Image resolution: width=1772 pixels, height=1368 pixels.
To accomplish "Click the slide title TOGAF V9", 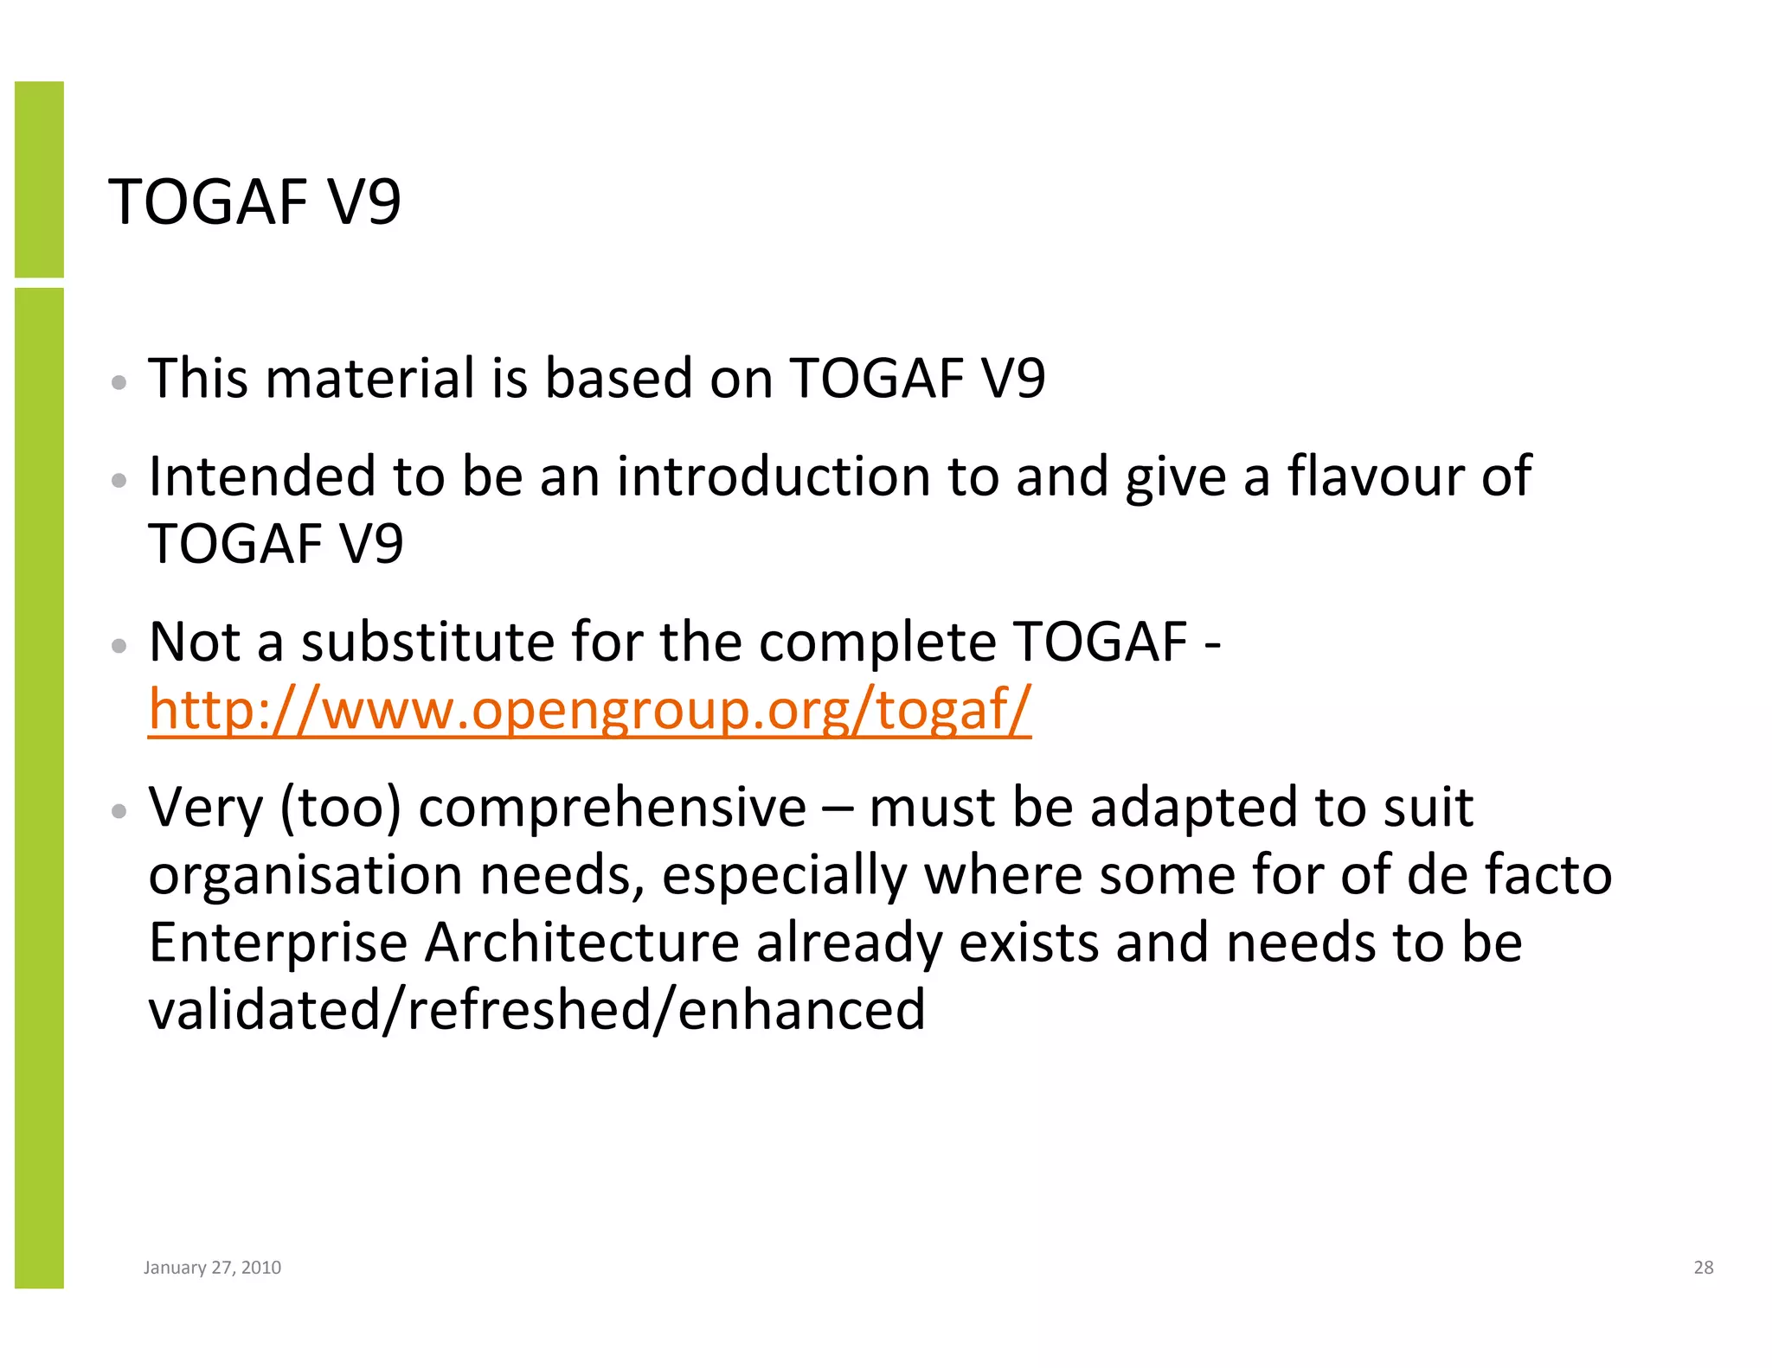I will [254, 202].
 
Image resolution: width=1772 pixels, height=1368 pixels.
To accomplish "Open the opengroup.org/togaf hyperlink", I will [589, 709].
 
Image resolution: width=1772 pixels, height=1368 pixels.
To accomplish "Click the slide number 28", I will [1703, 1267].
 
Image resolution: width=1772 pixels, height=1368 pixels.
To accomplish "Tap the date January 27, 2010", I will [212, 1267].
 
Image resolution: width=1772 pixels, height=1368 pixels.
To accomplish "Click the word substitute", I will [427, 642].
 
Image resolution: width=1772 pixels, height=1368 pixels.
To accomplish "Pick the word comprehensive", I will [612, 808].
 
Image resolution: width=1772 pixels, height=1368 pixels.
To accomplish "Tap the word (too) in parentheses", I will [340, 808].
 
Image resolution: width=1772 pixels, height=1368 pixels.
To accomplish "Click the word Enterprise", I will [278, 943].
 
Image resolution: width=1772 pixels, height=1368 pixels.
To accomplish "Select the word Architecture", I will [581, 943].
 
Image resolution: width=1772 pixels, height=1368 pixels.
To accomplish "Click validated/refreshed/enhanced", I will [536, 1009].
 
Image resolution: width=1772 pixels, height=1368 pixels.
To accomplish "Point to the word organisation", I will [305, 875].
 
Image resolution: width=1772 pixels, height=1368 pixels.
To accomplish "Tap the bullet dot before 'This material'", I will [120, 382].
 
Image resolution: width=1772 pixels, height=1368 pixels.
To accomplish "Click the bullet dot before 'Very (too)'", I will [120, 811].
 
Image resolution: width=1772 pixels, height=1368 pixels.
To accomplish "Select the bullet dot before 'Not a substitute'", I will [120, 646].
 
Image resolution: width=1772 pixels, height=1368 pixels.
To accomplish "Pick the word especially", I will [784, 875].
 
